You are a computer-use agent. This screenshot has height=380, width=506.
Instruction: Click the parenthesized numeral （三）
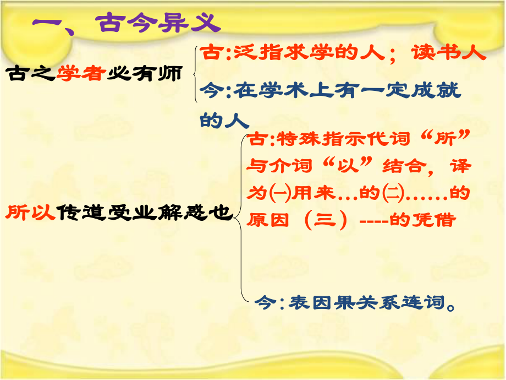(328, 220)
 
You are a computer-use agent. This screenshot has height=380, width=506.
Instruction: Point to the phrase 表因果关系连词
(358, 302)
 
